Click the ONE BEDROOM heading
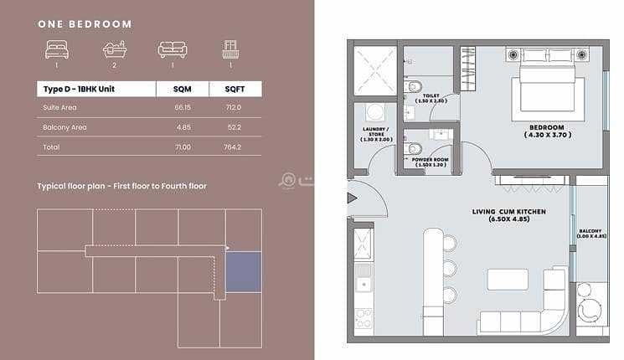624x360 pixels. click(85, 24)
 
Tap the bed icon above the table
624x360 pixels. click(57, 49)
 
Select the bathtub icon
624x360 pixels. click(115, 49)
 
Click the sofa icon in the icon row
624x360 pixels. click(173, 49)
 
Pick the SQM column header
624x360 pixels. click(183, 89)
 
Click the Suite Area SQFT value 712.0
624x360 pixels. click(233, 107)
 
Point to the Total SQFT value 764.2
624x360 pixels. click(232, 147)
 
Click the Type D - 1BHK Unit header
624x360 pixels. click(79, 89)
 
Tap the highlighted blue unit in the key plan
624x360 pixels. click(244, 272)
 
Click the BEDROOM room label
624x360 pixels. click(547, 128)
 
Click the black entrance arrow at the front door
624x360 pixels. click(352, 198)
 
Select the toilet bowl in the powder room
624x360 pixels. click(414, 149)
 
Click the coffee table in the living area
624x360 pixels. click(508, 280)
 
